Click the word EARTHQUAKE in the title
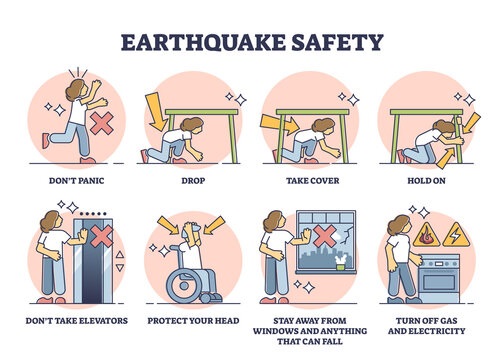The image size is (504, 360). pos(203,42)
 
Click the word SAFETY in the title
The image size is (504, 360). pos(337,42)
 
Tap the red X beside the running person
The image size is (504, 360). pos(102,123)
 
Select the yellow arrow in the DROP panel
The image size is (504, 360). pos(155,112)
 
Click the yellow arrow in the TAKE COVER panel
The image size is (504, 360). pos(279,124)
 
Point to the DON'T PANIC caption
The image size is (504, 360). pos(77,181)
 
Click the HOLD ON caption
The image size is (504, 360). pos(426,181)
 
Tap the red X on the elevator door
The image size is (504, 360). pos(102,236)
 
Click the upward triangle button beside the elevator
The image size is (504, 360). pos(120,255)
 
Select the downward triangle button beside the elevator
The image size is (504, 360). pos(120,268)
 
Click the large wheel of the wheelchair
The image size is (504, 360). pos(183,286)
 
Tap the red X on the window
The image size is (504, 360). pos(322,236)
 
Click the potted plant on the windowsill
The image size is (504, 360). pos(340,262)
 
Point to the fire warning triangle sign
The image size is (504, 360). pos(426,235)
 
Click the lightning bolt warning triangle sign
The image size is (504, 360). pos(456,235)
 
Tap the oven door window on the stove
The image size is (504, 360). pos(439,283)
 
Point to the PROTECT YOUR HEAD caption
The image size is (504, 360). pos(193,321)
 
